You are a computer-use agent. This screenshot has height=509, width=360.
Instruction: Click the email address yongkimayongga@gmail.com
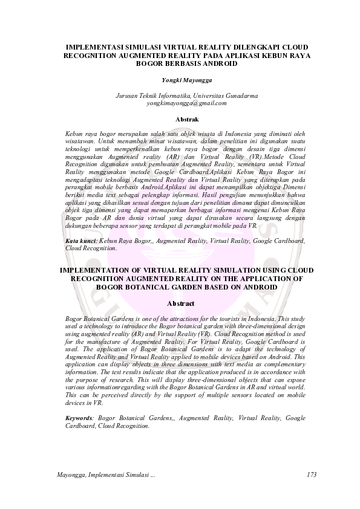coord(186,103)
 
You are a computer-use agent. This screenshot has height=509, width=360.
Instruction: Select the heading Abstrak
coord(186,119)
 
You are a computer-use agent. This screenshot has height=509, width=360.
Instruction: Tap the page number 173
coord(312,475)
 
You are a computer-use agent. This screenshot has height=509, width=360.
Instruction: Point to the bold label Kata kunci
coord(81,241)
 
